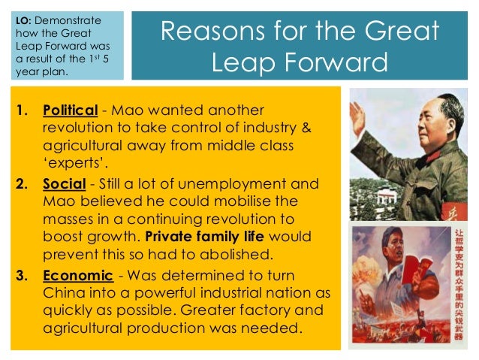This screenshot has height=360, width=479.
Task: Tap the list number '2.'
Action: [23, 184]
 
